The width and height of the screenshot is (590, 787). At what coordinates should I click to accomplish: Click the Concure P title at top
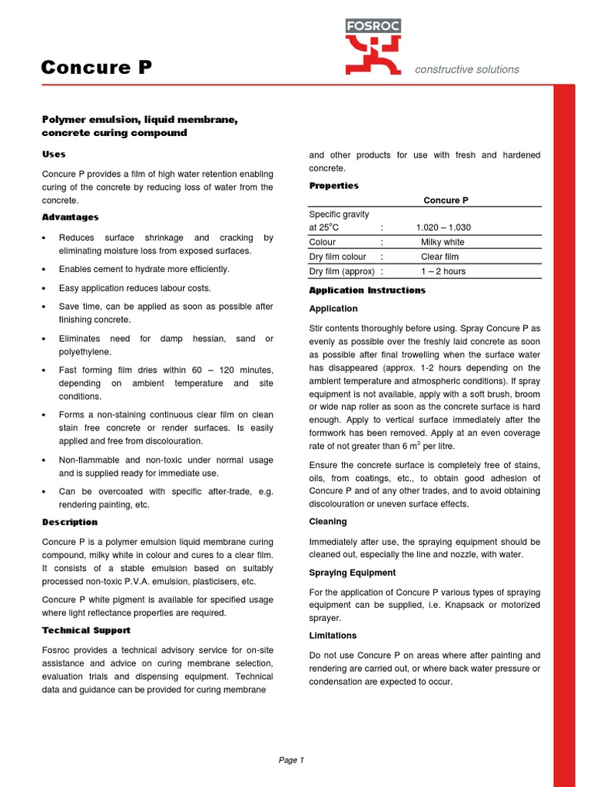(96, 68)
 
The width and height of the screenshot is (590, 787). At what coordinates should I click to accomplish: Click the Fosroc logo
(372, 47)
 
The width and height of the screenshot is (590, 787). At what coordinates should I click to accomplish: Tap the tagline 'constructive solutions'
(466, 69)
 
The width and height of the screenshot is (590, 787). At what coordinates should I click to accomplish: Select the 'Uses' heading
(54, 154)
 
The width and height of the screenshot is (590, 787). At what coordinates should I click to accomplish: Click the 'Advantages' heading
(70, 218)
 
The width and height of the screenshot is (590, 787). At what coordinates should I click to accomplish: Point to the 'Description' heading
(70, 523)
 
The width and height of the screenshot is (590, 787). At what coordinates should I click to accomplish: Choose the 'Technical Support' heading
(86, 630)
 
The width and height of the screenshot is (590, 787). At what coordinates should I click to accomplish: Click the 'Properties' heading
(333, 186)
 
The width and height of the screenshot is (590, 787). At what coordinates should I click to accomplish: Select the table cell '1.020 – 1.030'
(443, 227)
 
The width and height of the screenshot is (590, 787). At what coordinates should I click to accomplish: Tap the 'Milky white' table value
(442, 242)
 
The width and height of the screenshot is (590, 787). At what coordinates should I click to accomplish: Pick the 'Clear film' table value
(439, 257)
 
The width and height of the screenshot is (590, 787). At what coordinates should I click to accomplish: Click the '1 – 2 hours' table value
(442, 271)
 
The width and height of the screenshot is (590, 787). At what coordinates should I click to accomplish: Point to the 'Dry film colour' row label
(337, 257)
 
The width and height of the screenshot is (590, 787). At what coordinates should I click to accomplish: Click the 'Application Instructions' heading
(366, 291)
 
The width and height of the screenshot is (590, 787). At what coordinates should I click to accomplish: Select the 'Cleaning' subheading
(326, 522)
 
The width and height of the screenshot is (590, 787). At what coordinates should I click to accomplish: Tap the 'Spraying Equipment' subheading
(352, 573)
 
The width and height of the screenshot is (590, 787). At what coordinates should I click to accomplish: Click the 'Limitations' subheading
(333, 636)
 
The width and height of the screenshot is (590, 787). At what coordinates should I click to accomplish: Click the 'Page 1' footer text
(291, 760)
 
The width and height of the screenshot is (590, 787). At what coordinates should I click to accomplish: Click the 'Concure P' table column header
(446, 201)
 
